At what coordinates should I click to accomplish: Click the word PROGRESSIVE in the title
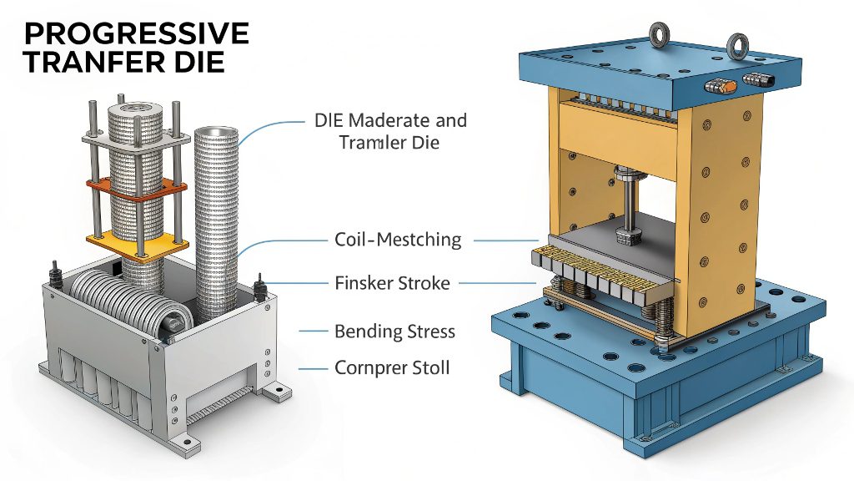click(x=136, y=34)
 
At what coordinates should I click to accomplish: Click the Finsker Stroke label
click(x=391, y=283)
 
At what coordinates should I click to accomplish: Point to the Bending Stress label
click(x=394, y=332)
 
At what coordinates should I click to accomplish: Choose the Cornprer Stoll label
click(x=392, y=367)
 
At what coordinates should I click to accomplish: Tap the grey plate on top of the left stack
click(x=133, y=133)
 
